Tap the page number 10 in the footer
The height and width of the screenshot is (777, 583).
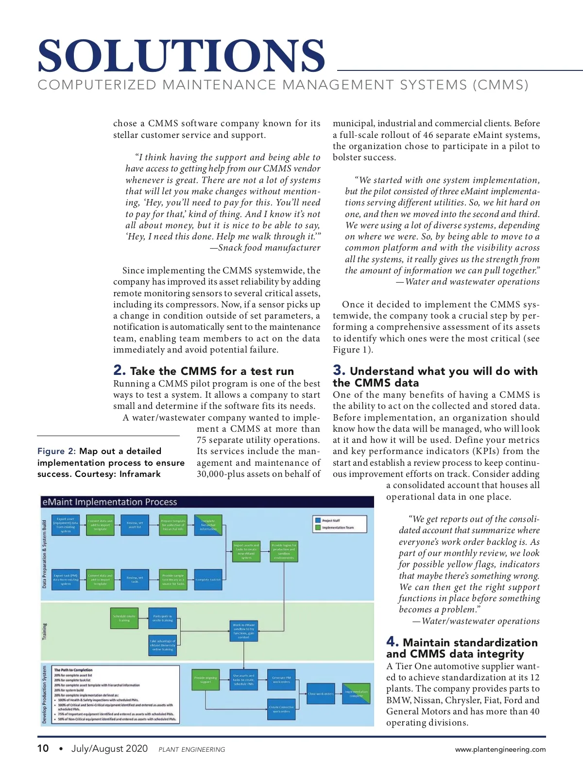(43, 748)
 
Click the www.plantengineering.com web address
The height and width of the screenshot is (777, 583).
(500, 749)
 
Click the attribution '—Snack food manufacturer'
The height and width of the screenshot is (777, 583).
(265, 248)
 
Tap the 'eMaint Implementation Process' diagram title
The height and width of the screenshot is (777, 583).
(110, 502)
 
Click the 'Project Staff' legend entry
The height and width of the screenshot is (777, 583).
(331, 521)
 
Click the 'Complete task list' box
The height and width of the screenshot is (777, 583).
(208, 579)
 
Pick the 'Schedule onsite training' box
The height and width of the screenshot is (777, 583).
(124, 618)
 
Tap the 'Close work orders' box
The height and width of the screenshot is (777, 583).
(321, 693)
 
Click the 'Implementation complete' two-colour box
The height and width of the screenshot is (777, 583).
(357, 693)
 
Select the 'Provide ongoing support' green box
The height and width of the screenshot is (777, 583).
(206, 680)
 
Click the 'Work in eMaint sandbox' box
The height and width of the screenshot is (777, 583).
(243, 631)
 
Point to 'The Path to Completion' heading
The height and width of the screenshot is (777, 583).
(73, 670)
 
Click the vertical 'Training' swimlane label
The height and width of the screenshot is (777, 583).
(45, 631)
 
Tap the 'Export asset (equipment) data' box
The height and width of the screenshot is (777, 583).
(66, 525)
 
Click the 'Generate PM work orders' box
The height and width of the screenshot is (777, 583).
(281, 680)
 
